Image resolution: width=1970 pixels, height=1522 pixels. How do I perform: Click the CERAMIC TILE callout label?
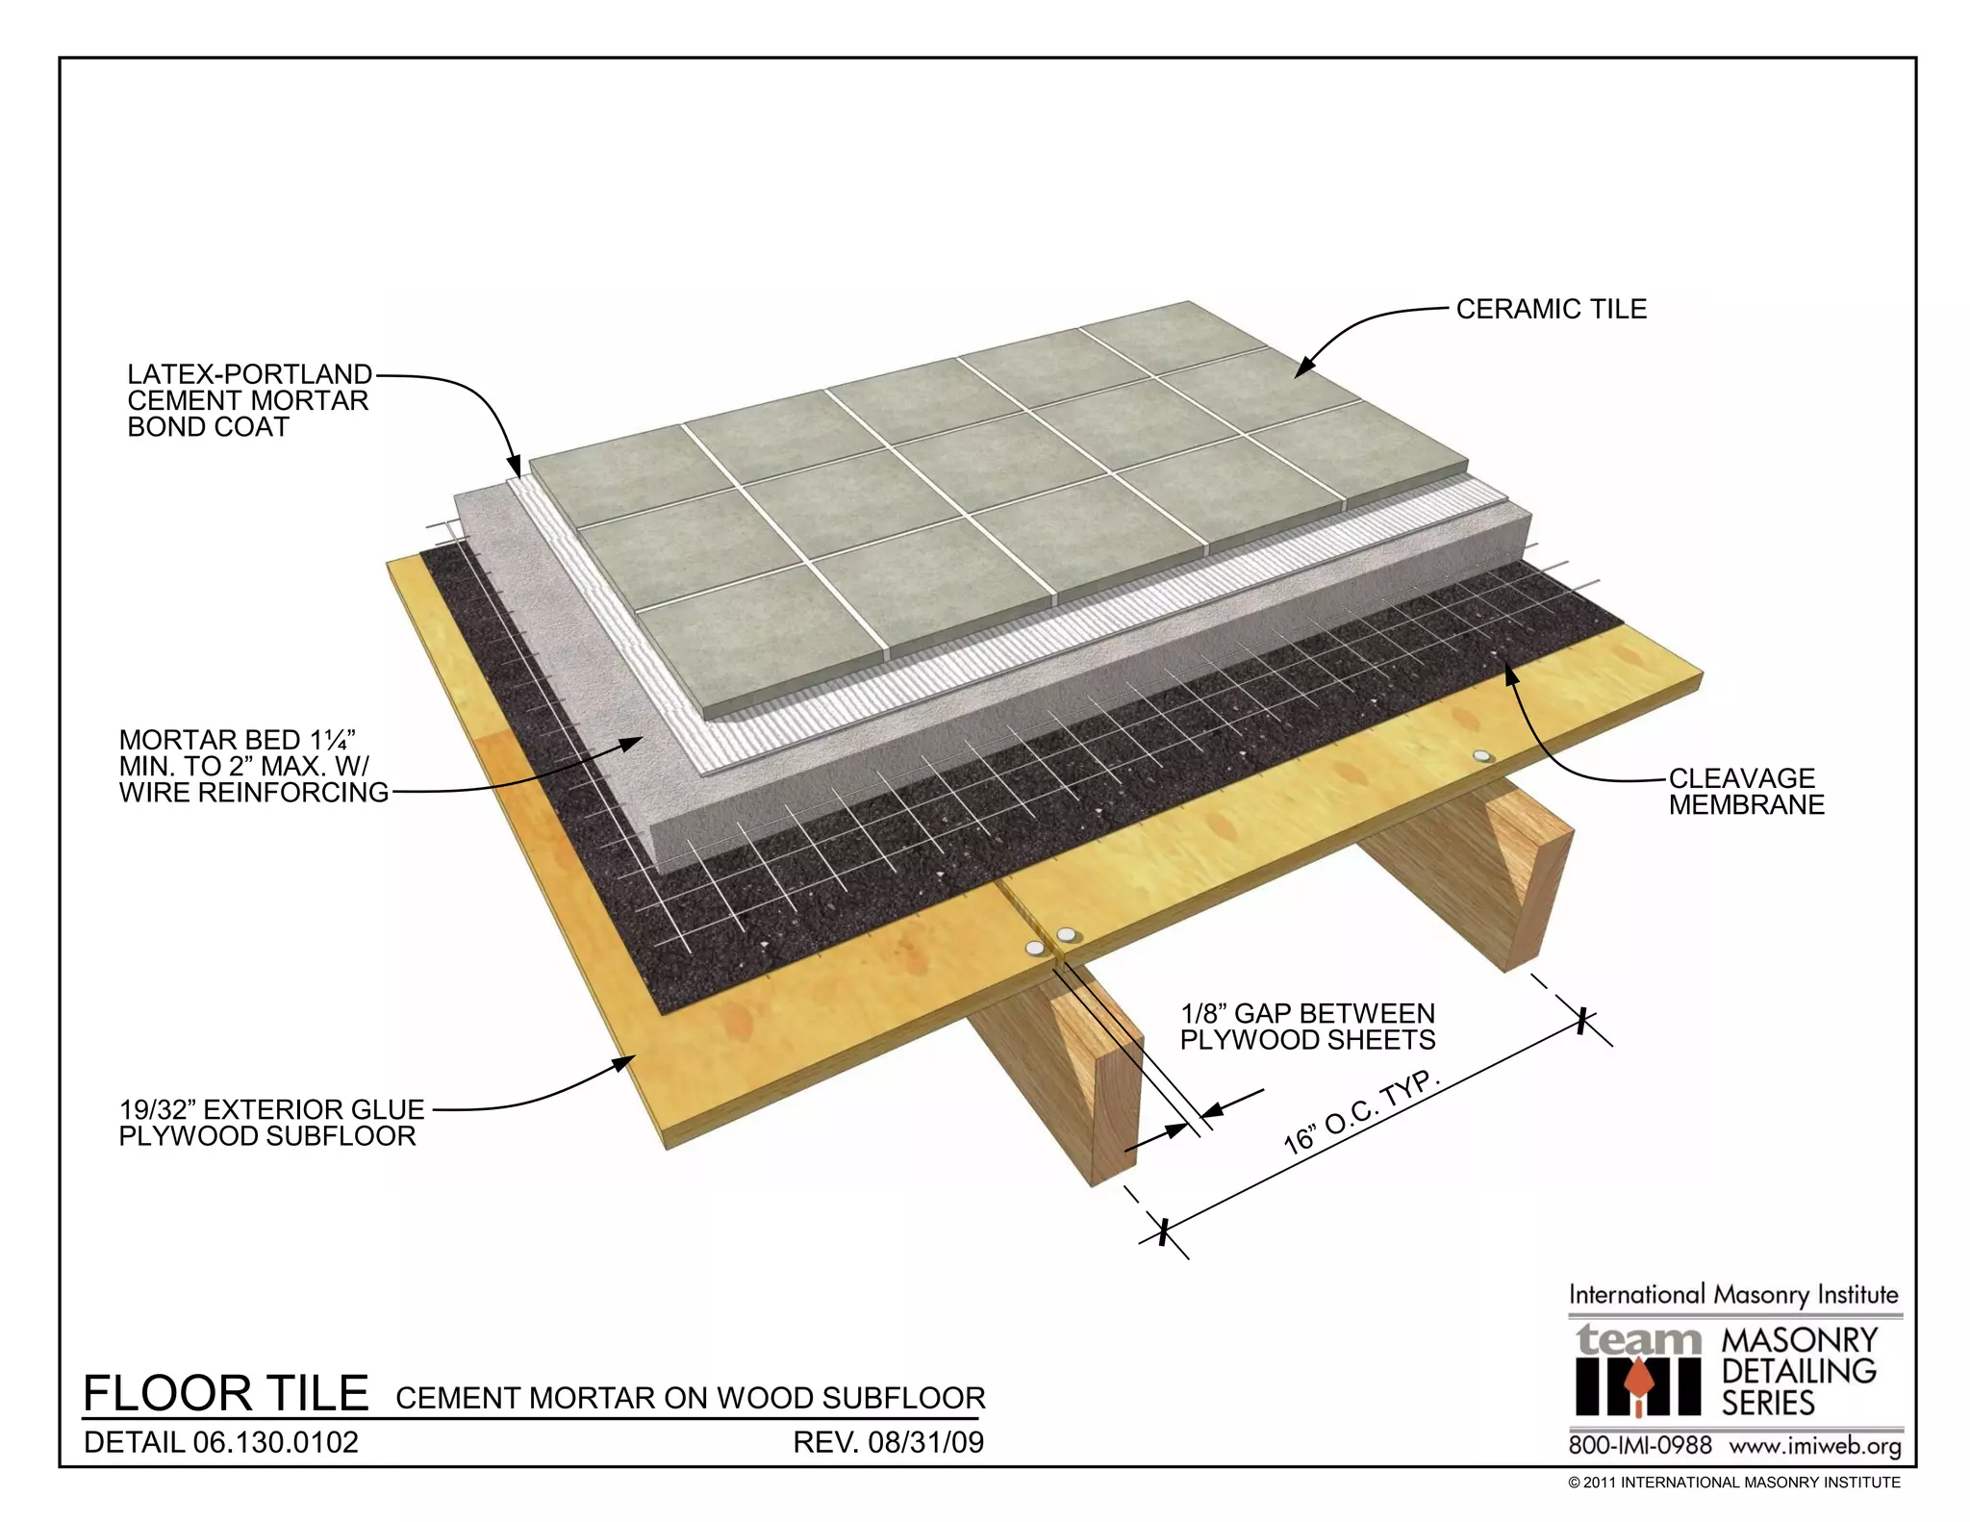(x=1550, y=309)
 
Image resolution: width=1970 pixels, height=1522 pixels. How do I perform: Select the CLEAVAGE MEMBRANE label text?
(x=1745, y=791)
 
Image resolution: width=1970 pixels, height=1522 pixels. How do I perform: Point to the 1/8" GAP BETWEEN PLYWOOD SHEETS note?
(x=1307, y=1027)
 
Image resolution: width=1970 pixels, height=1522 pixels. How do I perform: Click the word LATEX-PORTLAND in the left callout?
(x=249, y=374)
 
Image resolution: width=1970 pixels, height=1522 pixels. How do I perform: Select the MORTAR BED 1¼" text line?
(x=238, y=740)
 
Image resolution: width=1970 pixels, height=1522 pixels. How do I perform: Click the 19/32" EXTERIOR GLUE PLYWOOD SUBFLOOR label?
(x=269, y=1123)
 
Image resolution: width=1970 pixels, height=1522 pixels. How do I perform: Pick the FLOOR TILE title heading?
(x=226, y=1393)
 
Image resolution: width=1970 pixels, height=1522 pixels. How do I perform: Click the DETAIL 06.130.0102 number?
(x=221, y=1442)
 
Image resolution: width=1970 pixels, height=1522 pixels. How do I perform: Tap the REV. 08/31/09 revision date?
(x=888, y=1442)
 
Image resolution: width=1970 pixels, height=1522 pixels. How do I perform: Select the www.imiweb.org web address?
(x=1814, y=1446)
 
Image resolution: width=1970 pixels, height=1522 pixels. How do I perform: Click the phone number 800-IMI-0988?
(x=1640, y=1446)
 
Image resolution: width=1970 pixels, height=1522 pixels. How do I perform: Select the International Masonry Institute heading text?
(x=1733, y=1295)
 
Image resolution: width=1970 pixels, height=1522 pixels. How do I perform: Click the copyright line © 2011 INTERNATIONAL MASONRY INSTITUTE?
(x=1733, y=1483)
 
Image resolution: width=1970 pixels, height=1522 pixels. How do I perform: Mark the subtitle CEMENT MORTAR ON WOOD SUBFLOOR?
(x=690, y=1398)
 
